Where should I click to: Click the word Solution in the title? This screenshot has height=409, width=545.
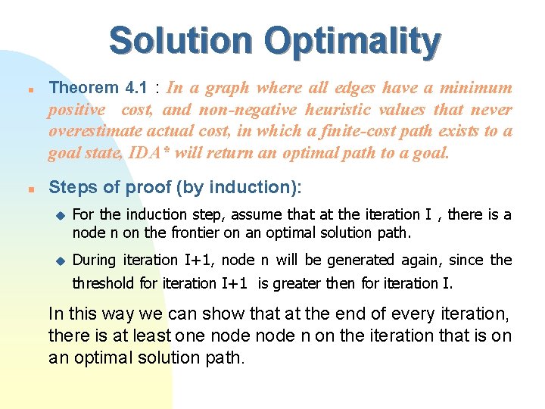[x=177, y=41]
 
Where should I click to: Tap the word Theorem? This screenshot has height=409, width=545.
[x=83, y=88]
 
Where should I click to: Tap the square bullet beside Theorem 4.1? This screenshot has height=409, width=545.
[x=26, y=89]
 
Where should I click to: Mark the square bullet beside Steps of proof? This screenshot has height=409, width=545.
[x=26, y=188]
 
